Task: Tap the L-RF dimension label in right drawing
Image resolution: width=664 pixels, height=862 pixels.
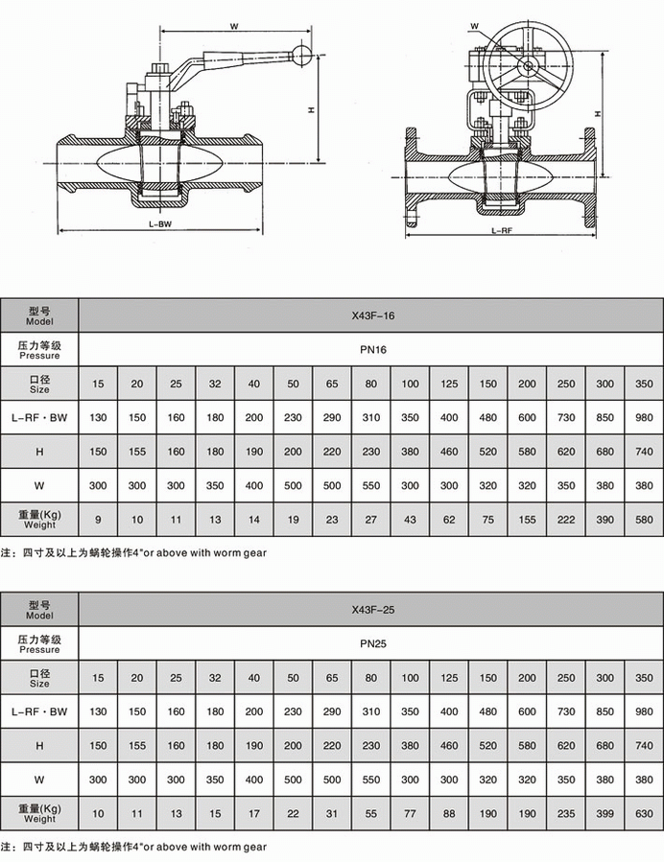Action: [x=500, y=231]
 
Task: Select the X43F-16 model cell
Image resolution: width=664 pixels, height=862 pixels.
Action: [x=371, y=315]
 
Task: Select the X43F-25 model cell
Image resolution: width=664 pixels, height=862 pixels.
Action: [x=371, y=609]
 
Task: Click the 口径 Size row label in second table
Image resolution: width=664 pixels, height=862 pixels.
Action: [x=39, y=678]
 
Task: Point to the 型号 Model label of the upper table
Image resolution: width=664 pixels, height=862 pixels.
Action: [x=39, y=315]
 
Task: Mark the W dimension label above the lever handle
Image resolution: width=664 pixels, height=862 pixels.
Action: [x=235, y=26]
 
